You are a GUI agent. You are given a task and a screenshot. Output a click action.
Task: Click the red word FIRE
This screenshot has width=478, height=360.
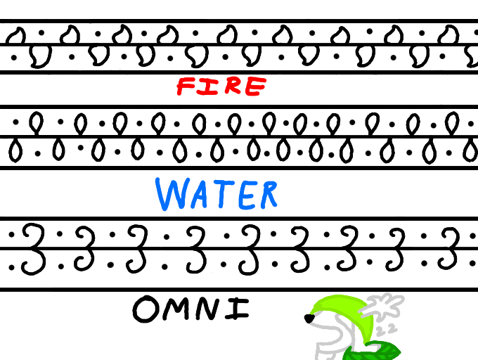221,86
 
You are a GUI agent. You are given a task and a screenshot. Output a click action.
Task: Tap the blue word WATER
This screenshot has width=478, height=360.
216,194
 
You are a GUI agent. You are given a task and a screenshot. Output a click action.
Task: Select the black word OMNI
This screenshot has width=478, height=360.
190,309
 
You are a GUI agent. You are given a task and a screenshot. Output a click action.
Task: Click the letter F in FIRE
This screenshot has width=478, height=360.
186,87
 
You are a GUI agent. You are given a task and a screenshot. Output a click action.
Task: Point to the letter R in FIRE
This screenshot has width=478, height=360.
231,86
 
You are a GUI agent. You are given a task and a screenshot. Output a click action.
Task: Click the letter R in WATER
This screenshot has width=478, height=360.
266,195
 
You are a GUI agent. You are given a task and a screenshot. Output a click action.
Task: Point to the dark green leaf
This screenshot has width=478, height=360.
376,349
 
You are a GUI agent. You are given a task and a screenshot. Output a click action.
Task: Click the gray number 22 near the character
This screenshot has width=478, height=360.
385,329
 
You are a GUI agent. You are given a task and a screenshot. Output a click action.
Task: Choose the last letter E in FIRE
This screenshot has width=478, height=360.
255,86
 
